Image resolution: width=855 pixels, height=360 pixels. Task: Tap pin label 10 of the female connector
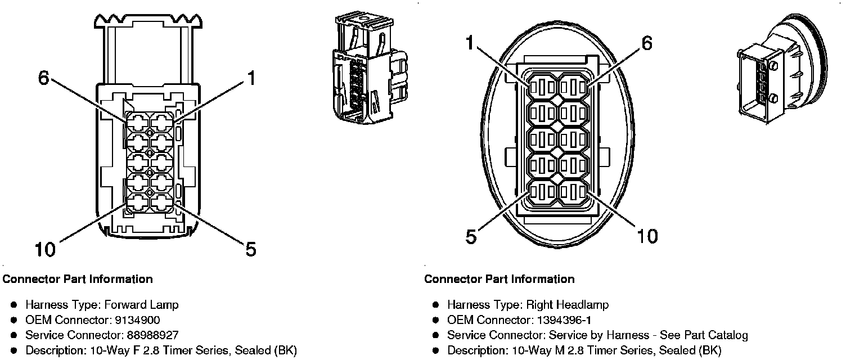coord(45,249)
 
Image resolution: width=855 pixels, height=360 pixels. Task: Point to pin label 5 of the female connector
coord(250,248)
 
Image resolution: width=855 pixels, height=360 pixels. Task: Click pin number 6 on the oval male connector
coord(647,43)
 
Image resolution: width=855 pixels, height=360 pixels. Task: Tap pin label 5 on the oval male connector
coord(471,236)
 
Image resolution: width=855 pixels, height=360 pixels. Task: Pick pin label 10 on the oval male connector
coord(647,236)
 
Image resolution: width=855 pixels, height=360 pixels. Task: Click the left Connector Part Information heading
coord(78,279)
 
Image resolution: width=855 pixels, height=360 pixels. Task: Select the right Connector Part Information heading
coord(499,279)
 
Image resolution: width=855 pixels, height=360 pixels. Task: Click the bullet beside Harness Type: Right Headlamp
coord(435,305)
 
